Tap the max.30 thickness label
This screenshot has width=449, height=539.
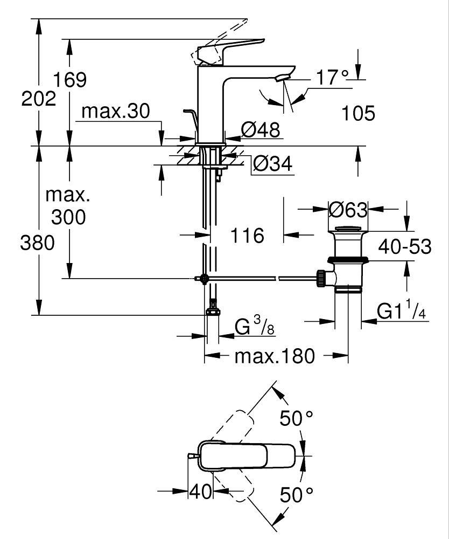116,112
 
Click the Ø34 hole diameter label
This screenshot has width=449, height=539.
272,164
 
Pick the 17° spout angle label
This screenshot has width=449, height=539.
332,78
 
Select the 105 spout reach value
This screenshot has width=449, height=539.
358,113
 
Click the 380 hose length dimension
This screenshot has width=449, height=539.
38,244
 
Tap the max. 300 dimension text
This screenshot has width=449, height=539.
68,206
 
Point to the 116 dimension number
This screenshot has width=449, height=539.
247,236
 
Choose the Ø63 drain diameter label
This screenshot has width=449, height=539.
348,209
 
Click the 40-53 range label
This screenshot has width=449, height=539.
405,247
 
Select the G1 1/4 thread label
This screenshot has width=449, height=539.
402,311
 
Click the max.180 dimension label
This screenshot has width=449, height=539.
274,356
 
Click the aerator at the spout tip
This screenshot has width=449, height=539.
281,79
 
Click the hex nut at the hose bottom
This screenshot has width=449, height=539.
213,312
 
